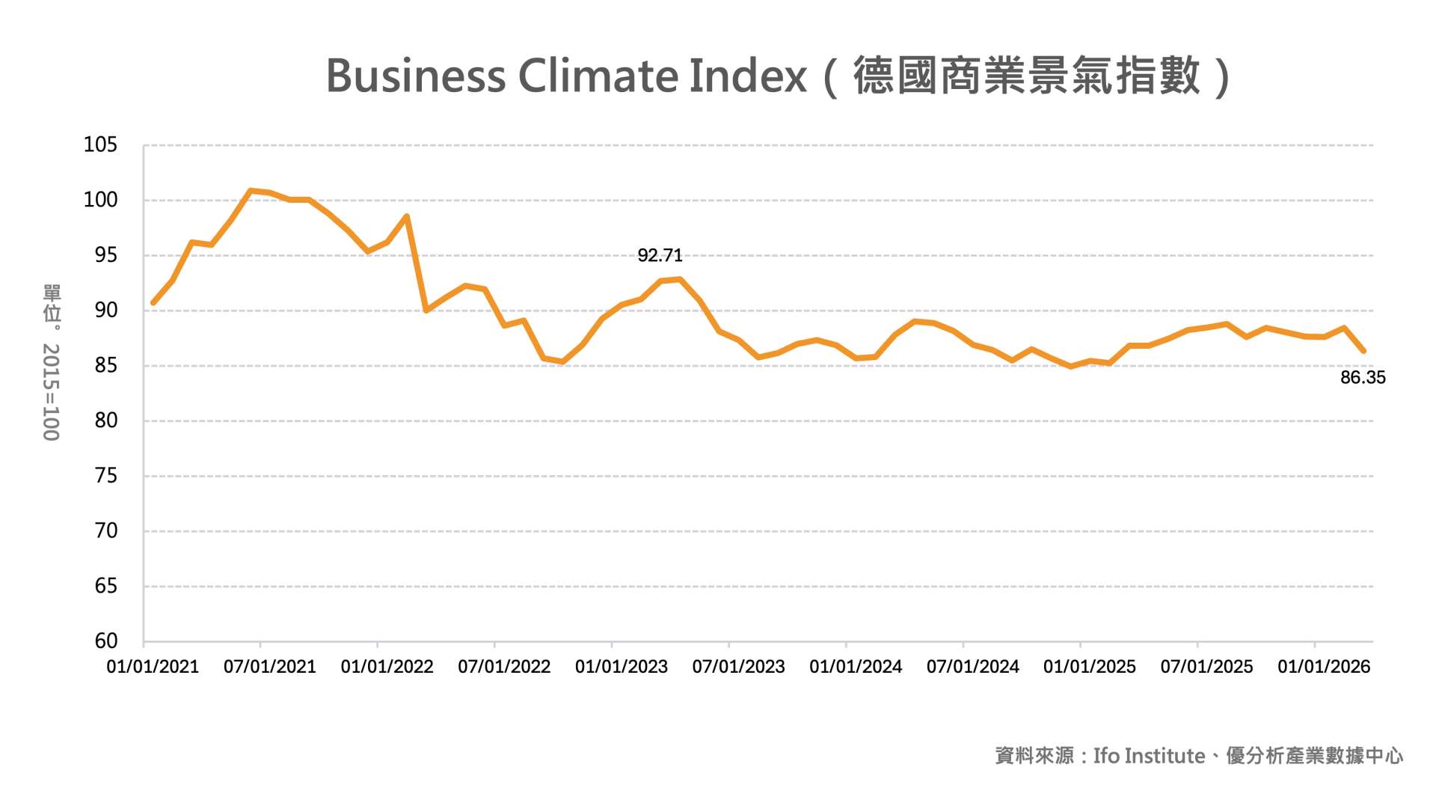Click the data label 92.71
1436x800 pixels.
coord(660,256)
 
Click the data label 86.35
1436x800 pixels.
coord(1362,378)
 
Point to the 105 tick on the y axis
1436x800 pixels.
coord(100,145)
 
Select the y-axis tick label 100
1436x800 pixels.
coord(100,200)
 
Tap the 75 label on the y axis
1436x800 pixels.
coord(106,476)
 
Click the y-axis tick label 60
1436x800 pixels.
coord(106,641)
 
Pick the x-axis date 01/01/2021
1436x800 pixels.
coord(153,667)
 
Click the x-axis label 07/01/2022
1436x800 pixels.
coord(504,667)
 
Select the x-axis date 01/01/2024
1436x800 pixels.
coord(856,667)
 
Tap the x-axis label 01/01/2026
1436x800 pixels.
coord(1324,667)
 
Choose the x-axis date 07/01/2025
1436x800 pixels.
coord(1206,667)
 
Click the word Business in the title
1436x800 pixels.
coord(416,76)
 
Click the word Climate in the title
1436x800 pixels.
coord(598,76)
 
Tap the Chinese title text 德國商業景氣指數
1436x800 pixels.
coord(1026,76)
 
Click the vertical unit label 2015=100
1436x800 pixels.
coord(51,392)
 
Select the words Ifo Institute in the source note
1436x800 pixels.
coord(1149,756)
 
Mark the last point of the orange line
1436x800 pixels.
coord(1363,350)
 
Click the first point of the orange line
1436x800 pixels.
coord(153,303)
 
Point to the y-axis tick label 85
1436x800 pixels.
coord(106,365)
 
